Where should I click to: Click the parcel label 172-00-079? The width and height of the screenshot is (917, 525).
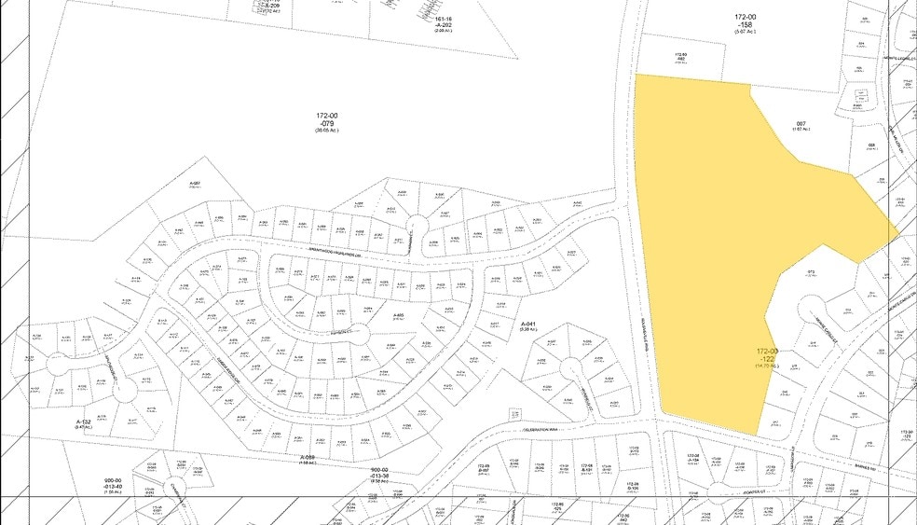[327, 121]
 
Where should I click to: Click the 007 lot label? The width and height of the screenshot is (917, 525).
[801, 126]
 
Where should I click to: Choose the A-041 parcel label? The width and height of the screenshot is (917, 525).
[526, 324]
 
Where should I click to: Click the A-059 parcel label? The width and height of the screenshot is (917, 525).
[308, 458]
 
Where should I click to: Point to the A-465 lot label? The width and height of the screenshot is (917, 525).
[398, 315]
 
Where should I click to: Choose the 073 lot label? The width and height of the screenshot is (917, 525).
[813, 272]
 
